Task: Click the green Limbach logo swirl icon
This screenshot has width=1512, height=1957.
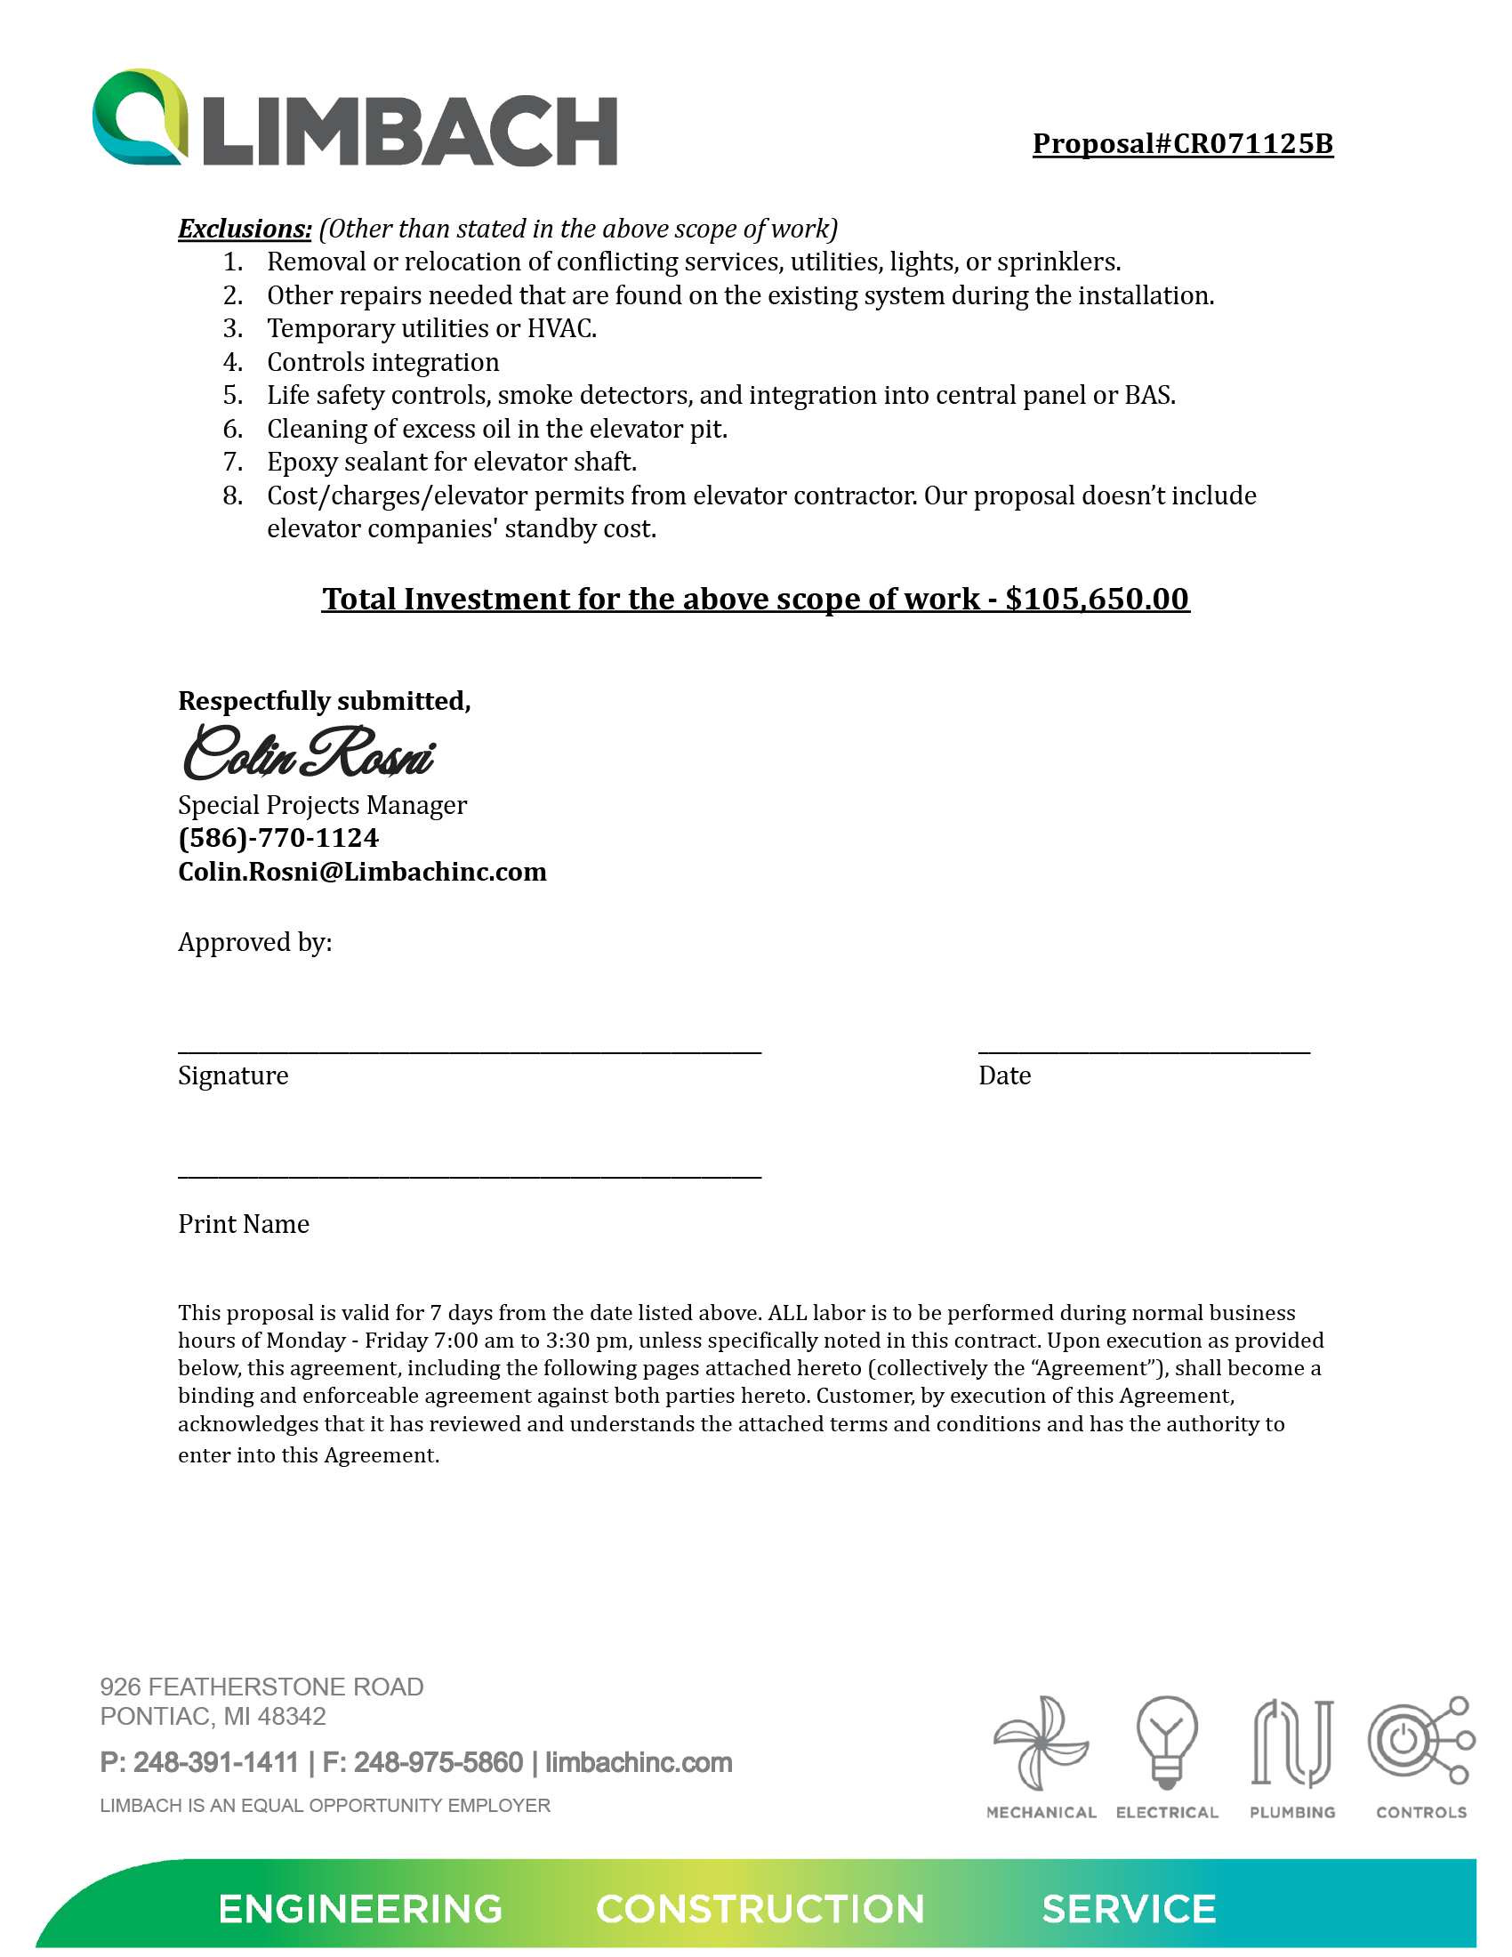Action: click(x=141, y=117)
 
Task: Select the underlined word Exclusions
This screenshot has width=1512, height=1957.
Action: click(x=245, y=230)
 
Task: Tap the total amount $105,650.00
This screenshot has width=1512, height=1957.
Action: click(x=1097, y=599)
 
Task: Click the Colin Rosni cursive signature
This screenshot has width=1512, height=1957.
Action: click(x=309, y=753)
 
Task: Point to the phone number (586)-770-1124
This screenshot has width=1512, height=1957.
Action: click(x=278, y=838)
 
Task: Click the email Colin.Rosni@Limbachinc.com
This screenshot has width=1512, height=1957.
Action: click(x=362, y=872)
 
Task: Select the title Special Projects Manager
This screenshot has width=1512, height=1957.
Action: click(x=323, y=805)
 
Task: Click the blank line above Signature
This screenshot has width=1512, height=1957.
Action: click(x=470, y=1050)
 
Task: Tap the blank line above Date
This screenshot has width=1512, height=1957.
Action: click(x=1143, y=1050)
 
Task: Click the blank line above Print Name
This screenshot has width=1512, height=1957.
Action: click(x=470, y=1174)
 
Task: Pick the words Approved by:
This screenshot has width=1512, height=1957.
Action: click(x=255, y=943)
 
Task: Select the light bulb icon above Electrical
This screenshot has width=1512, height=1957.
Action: click(x=1166, y=1742)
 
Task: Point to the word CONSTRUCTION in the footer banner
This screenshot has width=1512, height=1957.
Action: click(x=760, y=1910)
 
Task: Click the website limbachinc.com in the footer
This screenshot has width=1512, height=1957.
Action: click(x=639, y=1762)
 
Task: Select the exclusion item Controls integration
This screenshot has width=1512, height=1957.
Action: click(x=382, y=362)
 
